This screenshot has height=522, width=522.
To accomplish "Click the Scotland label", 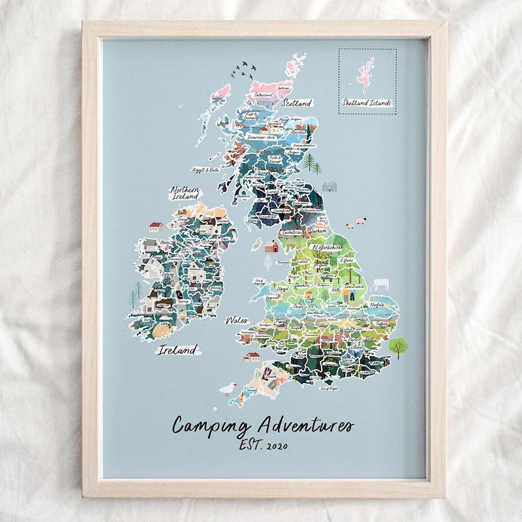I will coord(297,102).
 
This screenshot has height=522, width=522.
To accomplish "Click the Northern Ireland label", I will coord(185,194).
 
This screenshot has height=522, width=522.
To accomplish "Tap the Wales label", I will coord(236,320).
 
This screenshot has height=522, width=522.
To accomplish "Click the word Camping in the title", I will coord(211,426).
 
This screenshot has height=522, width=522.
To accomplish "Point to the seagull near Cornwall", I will coord(226,389).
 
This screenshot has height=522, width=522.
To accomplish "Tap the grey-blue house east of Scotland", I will coord(330,187).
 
